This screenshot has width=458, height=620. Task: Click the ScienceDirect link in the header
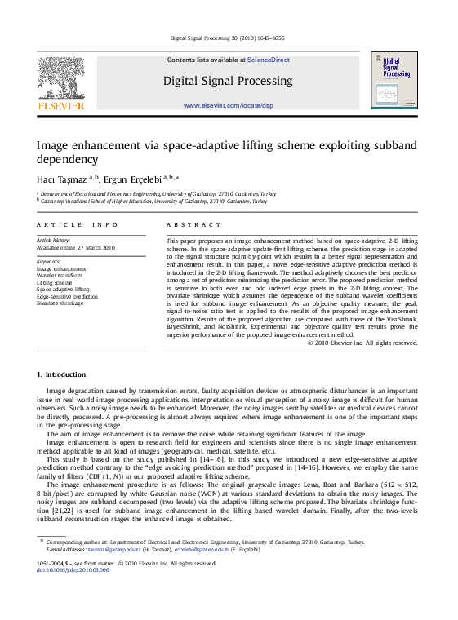tap(269, 60)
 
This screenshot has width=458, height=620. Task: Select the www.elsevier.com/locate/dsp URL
tap(228, 106)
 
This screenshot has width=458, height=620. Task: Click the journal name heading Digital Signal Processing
tap(228, 81)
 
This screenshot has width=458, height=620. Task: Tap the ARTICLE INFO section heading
tap(72, 224)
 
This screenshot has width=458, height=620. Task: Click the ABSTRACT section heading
tap(193, 224)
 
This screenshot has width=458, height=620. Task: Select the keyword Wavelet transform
tap(60, 276)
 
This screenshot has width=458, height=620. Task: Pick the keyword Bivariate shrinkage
tap(60, 303)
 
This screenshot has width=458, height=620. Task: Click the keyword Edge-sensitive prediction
tap(68, 297)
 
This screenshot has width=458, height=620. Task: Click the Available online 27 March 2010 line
tap(76, 248)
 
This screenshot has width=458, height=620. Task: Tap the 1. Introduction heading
tap(61, 374)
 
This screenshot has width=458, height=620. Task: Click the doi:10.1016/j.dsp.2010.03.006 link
tap(73, 569)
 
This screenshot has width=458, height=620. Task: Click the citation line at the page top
tap(228, 38)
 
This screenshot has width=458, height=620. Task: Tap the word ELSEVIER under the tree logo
tap(60, 106)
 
